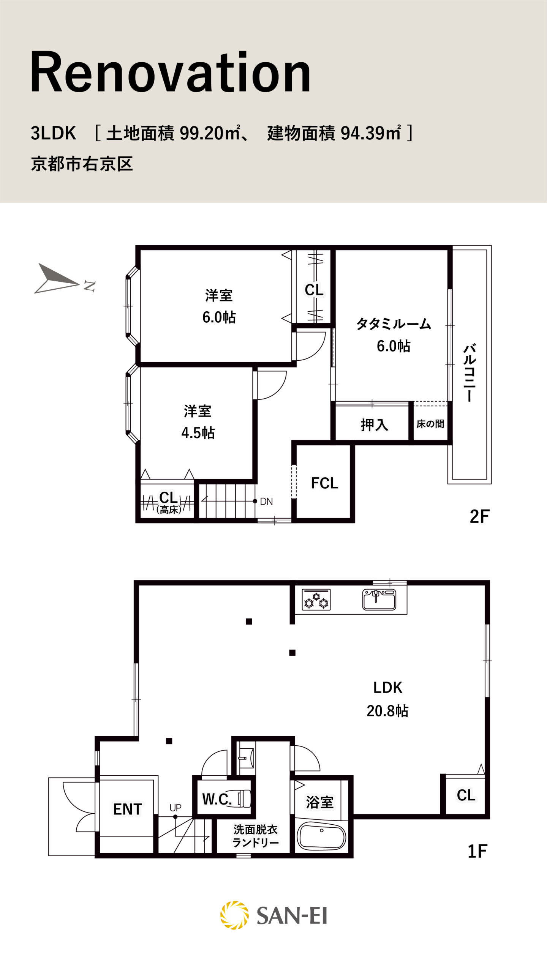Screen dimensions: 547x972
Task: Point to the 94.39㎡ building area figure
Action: pyautogui.click(x=371, y=133)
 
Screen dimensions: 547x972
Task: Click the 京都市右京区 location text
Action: pyautogui.click(x=82, y=164)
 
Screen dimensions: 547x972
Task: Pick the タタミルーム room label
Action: pyautogui.click(x=394, y=324)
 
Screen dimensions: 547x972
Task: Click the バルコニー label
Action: pyautogui.click(x=470, y=373)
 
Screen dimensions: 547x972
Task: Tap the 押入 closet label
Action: pyautogui.click(x=374, y=425)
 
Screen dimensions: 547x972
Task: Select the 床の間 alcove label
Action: pyautogui.click(x=430, y=424)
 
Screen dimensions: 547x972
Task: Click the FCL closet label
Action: pyautogui.click(x=324, y=483)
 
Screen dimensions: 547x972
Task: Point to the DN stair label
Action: pyautogui.click(x=266, y=502)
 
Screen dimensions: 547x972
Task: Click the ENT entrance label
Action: pyautogui.click(x=128, y=809)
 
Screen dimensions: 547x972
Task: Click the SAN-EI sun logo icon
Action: pyautogui.click(x=234, y=915)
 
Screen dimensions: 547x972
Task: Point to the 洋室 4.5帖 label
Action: pyautogui.click(x=198, y=422)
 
